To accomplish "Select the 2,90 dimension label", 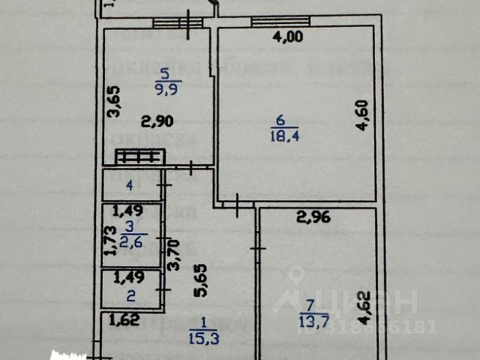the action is [x=157, y=121].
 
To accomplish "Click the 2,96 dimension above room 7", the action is [x=313, y=219].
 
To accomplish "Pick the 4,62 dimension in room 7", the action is [x=364, y=308].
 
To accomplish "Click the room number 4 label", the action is [x=129, y=184].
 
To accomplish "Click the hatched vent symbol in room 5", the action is [x=139, y=157].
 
